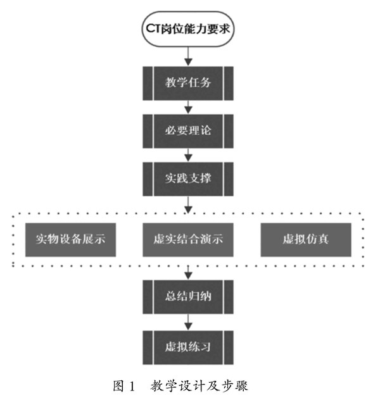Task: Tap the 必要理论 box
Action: [187, 130]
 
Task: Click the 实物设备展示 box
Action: [70, 240]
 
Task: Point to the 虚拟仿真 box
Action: [305, 240]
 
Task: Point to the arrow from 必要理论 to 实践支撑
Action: [187, 154]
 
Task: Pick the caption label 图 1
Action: [122, 383]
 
